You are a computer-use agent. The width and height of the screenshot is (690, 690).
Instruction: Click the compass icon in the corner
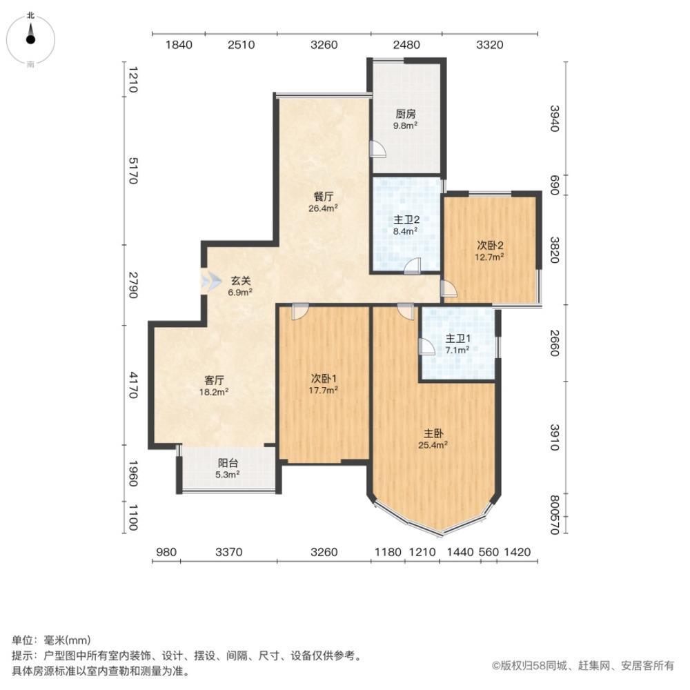[x=30, y=39]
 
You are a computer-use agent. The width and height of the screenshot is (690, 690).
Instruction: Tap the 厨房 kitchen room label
[x=405, y=115]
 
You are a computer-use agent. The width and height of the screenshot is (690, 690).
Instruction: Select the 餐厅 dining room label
[x=323, y=197]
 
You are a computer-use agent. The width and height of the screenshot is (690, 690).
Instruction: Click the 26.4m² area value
[x=323, y=208]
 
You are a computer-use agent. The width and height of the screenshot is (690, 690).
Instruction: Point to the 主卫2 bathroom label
[x=405, y=219]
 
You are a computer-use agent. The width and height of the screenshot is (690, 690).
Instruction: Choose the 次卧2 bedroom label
[x=489, y=245]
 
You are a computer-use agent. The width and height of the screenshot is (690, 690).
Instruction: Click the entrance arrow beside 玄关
[x=211, y=280]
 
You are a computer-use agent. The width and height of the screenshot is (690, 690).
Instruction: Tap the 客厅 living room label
[x=214, y=379]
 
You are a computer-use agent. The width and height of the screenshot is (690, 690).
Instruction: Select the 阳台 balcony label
[x=228, y=463]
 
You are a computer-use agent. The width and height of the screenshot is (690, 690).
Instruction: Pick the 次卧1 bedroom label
[x=324, y=378]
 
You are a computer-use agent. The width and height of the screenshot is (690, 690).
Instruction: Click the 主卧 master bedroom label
[x=433, y=434]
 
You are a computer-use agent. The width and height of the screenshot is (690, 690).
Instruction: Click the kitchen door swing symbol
[x=377, y=150]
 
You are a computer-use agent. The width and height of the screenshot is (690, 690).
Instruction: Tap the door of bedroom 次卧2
[x=449, y=288]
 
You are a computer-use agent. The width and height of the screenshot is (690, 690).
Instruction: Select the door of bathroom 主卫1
[x=426, y=347]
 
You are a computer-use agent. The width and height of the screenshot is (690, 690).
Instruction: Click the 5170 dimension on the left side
[x=132, y=171]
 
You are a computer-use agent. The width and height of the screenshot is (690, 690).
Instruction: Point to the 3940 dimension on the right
[x=555, y=119]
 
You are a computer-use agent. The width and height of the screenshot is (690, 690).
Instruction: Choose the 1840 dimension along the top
[x=179, y=45]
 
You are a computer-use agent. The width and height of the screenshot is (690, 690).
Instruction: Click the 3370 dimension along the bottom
[x=229, y=552]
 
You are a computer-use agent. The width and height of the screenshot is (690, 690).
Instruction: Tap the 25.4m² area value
[x=433, y=445]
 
